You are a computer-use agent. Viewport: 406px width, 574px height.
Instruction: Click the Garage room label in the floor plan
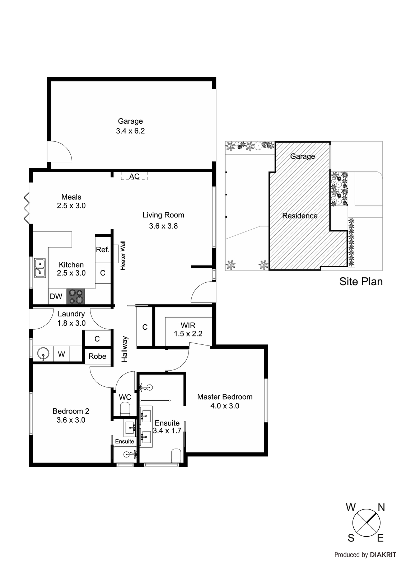point(130,121)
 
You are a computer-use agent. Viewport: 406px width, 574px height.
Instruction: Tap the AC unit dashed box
point(134,176)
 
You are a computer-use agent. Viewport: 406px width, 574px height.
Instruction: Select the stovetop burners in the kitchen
point(76,296)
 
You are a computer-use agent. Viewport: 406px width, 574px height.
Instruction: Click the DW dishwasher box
point(56,297)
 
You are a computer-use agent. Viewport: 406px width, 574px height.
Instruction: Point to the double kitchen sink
point(39,268)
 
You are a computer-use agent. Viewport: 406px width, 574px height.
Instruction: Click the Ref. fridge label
point(103,249)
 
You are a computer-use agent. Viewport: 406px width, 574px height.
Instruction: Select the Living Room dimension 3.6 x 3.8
point(163,226)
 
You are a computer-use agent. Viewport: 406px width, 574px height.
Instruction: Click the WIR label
point(188,325)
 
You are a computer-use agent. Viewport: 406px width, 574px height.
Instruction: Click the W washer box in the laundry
point(61,354)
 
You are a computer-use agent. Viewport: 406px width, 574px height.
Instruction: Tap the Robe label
point(97,356)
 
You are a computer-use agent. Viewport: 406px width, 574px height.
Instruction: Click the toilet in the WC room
point(125,409)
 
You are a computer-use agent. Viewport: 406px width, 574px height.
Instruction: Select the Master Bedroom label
point(225,397)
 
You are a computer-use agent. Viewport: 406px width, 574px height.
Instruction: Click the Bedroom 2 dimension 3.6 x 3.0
point(71,420)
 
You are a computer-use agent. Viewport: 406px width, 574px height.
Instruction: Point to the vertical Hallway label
point(125,349)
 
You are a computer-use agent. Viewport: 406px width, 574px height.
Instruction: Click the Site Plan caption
point(361,281)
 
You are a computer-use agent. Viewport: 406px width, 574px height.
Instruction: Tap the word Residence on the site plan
point(300,216)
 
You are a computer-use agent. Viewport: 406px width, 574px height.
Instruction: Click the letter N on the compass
point(381,507)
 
